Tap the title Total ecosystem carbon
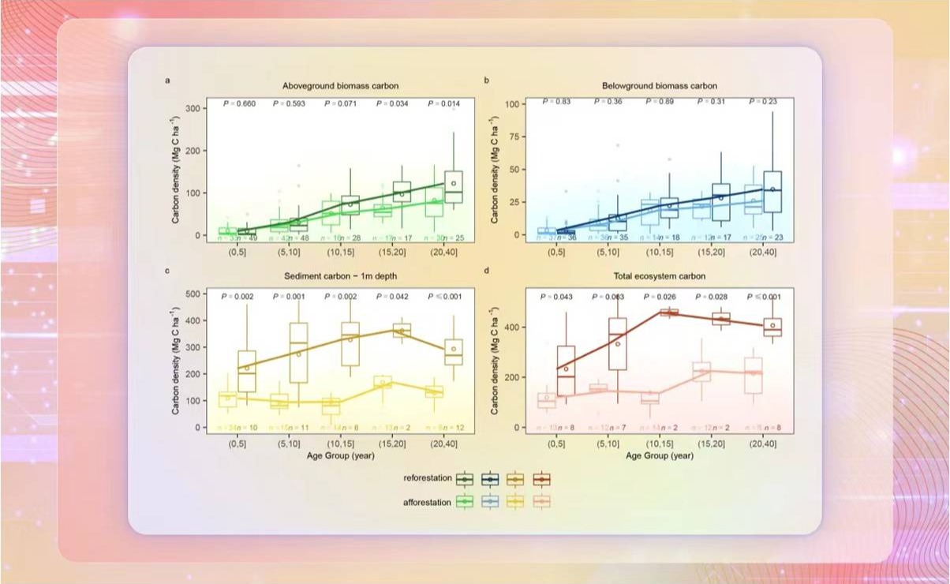pos(660,277)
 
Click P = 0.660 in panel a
pos(241,103)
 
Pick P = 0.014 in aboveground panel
pos(445,103)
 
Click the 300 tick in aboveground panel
pos(193,108)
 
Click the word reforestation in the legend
pos(427,479)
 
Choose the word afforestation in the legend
pos(427,501)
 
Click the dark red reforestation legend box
pos(541,479)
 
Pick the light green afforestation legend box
pos(466,501)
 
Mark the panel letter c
pos(167,271)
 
